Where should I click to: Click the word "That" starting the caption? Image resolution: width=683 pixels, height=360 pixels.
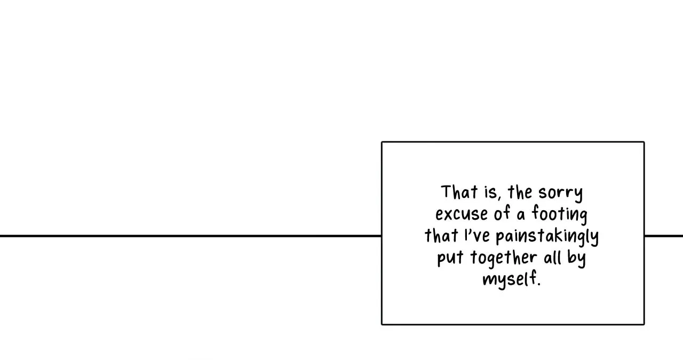point(459,192)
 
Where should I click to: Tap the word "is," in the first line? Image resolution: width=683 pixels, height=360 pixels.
point(493,193)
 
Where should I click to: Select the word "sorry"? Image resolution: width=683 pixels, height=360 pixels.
point(560,194)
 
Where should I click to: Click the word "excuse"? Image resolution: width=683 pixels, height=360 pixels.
point(462,214)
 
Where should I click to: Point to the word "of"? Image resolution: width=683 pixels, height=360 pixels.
point(502,213)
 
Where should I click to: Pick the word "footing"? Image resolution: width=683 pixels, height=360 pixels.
point(560,214)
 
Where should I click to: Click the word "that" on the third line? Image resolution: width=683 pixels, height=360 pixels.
point(441,235)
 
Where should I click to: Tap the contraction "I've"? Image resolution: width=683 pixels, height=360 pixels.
point(477,236)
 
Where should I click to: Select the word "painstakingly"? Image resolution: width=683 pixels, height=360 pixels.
point(547,237)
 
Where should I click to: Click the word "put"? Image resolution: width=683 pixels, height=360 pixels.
point(450,258)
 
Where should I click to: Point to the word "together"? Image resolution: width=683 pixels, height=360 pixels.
point(503,259)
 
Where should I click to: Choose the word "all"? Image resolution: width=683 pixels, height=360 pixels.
point(552,257)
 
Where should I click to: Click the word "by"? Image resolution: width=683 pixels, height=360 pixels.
point(576,259)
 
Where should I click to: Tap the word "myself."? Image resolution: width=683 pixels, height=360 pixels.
point(512,279)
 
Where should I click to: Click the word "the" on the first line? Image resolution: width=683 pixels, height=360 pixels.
point(520,192)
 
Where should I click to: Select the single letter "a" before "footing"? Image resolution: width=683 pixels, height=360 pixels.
point(521,215)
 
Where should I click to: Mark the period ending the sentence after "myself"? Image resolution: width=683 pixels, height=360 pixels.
point(539,284)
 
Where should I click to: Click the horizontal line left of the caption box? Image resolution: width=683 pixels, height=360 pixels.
point(190,236)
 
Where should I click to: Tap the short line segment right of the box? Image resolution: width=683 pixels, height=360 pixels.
point(664,236)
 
